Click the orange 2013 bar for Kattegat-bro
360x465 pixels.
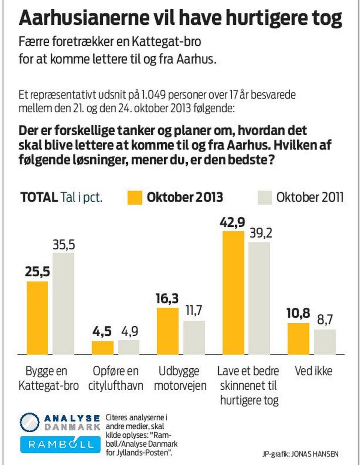(37, 318)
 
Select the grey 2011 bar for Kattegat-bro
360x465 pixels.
(63, 304)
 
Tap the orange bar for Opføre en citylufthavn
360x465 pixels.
(102, 348)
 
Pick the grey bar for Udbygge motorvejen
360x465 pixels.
(194, 337)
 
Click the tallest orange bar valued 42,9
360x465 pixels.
(233, 293)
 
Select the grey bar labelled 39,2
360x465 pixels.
(259, 298)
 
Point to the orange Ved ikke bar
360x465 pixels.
(298, 339)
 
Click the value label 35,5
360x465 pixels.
(63, 245)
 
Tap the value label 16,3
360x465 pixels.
(167, 299)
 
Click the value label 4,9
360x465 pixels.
(129, 331)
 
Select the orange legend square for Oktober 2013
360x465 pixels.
(135, 197)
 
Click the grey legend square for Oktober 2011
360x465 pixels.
(264, 197)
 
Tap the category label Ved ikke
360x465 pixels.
(313, 371)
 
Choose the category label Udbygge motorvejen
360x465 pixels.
(180, 378)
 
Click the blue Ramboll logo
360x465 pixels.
(60, 444)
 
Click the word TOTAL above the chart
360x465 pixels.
(39, 197)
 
